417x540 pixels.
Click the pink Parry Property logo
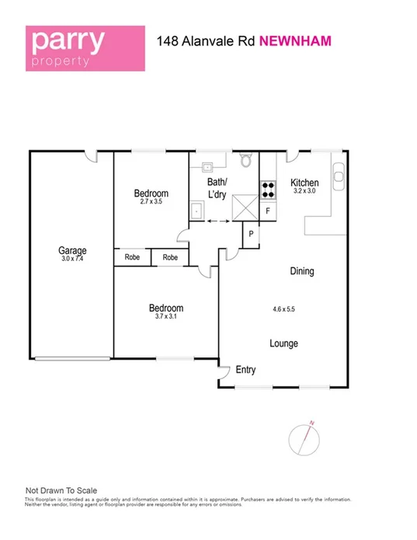pos(85,48)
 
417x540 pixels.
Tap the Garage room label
pos(72,250)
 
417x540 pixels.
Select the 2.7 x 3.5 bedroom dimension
pos(151,202)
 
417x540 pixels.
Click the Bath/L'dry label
pos(216,189)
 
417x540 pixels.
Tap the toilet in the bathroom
pos(246,161)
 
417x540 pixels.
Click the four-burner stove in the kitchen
pos(268,190)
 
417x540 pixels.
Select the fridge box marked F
pos(268,211)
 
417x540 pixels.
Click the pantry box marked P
pos(251,234)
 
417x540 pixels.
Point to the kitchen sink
pos(339,175)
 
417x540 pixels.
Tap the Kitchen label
pos(304,183)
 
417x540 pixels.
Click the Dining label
pos(301,271)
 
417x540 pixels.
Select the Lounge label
pos(283,343)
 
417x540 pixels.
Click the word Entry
pos(245,370)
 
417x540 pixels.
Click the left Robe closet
pos(132,256)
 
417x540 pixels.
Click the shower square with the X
pos(246,207)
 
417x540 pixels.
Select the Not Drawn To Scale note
pos(61,490)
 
